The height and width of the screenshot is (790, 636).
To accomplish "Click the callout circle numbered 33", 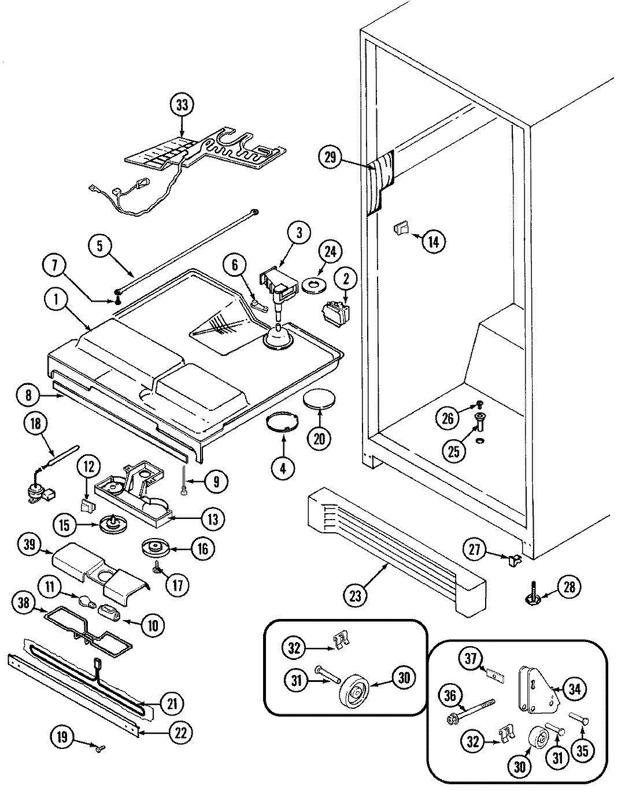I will click(x=182, y=105).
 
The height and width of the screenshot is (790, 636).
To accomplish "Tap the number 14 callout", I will click(x=434, y=241).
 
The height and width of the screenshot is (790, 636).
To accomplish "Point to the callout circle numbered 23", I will click(x=355, y=595).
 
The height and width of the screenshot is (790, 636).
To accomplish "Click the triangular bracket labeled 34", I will click(x=535, y=689).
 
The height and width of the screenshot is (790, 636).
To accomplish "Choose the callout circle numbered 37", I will click(x=472, y=657).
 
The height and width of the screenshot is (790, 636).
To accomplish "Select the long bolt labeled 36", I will click(x=473, y=709).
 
